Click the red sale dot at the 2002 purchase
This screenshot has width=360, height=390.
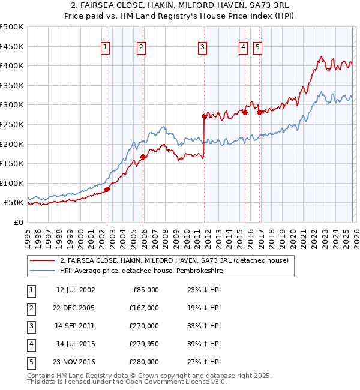[107, 189]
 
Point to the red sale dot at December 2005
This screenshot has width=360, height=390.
[143, 157]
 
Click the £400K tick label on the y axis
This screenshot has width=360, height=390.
[12, 66]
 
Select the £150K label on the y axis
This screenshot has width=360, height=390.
[12, 163]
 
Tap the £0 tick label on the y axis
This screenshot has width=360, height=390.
[18, 222]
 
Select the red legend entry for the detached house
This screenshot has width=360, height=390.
[174, 260]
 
